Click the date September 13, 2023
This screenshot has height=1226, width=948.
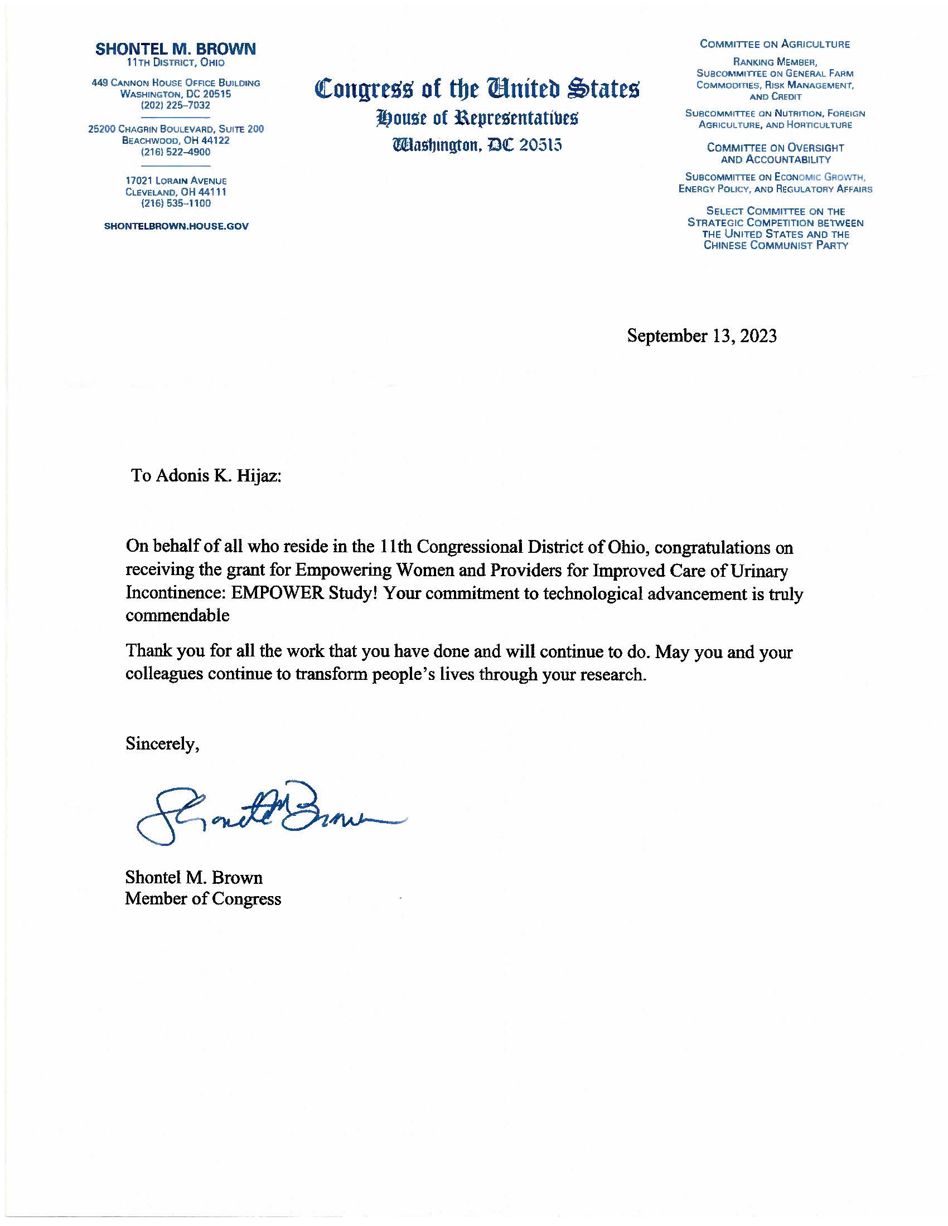(x=702, y=335)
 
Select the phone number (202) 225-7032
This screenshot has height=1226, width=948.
(x=176, y=105)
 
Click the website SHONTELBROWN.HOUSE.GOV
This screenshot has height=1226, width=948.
(x=176, y=226)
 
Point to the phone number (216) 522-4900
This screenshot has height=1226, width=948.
(x=176, y=152)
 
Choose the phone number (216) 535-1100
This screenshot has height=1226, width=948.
(x=176, y=203)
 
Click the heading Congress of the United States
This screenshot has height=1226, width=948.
(x=477, y=89)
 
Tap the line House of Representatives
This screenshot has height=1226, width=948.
(x=477, y=119)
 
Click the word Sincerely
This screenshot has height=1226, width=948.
(x=162, y=744)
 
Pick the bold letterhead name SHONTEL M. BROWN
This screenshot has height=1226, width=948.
(x=176, y=50)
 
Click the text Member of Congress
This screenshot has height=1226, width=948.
(x=203, y=899)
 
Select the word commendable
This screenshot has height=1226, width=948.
(x=177, y=616)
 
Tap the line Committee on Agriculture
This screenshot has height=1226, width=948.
(x=775, y=45)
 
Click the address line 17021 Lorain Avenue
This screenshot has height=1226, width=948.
(x=176, y=181)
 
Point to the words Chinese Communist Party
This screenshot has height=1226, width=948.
(x=775, y=245)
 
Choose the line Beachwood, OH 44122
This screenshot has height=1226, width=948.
(x=176, y=140)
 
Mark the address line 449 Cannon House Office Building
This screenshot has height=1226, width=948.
(x=176, y=83)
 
